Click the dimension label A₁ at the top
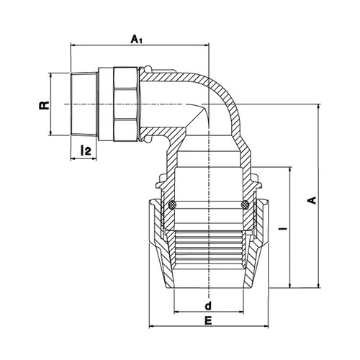tap(136, 40)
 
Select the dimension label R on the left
tap(44, 105)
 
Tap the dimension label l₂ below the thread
tap(86, 150)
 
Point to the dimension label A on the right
tap(312, 200)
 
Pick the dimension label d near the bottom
tap(208, 305)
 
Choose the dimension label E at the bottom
tap(208, 320)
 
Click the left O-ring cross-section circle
tap(172, 205)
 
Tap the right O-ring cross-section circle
tap(245, 205)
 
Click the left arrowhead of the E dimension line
tap(152, 326)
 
